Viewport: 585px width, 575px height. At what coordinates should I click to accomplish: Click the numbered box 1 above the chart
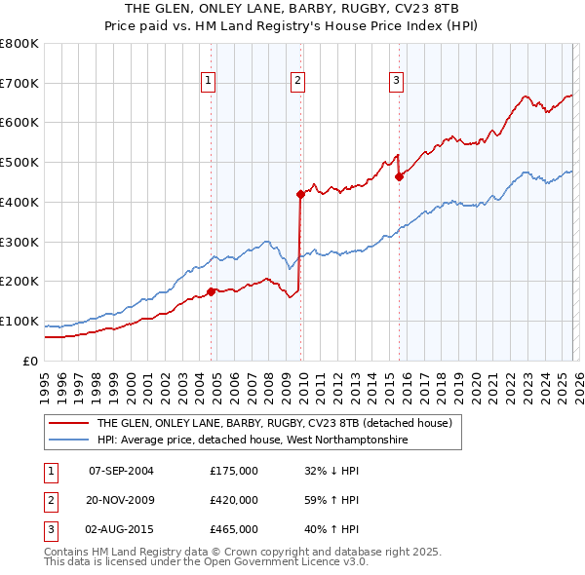209,82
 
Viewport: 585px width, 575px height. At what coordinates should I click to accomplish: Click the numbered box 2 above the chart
297,82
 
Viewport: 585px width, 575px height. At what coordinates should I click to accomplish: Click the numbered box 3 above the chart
397,82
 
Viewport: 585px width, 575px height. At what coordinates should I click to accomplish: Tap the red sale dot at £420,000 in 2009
300,194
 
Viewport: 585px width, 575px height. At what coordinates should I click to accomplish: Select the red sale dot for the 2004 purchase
212,290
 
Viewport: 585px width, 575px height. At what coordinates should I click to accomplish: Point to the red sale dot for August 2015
399,176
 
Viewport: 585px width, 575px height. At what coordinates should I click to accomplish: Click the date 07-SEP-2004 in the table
121,471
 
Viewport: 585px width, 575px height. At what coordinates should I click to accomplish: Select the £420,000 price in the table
233,500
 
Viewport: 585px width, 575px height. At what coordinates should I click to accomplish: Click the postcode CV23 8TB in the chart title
431,8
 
